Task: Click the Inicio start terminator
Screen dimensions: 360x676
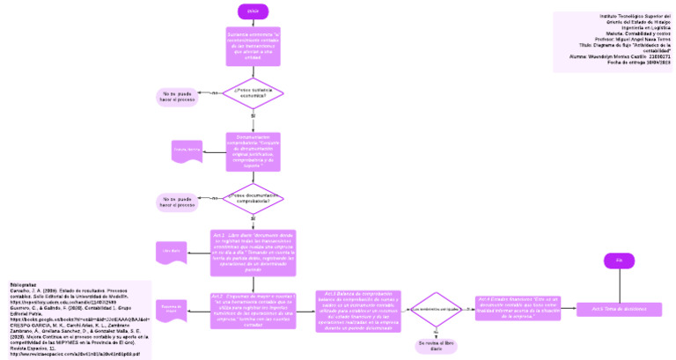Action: pyautogui.click(x=253, y=11)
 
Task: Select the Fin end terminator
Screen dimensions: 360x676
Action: pyautogui.click(x=619, y=261)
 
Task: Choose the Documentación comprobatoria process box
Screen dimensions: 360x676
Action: pyautogui.click(x=253, y=151)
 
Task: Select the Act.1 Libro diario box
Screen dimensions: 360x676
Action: pyautogui.click(x=253, y=253)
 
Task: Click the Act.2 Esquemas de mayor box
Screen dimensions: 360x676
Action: pyautogui.click(x=253, y=310)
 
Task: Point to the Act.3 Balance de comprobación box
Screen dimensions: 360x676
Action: pyautogui.click(x=358, y=309)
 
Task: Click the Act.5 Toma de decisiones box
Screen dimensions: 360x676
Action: pyautogui.click(x=619, y=309)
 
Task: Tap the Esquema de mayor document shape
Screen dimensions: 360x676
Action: pyautogui.click(x=172, y=309)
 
